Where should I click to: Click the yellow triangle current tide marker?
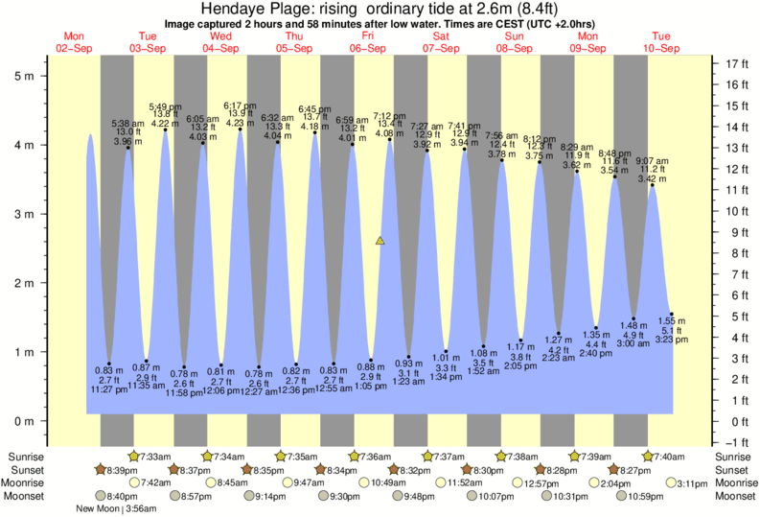pyautogui.click(x=380, y=241)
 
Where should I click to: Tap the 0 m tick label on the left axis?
pyautogui.click(x=28, y=421)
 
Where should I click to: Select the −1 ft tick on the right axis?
pyautogui.click(x=736, y=442)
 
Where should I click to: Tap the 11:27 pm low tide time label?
pyautogui.click(x=108, y=391)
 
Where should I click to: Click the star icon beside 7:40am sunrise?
pyautogui.click(x=650, y=456)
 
